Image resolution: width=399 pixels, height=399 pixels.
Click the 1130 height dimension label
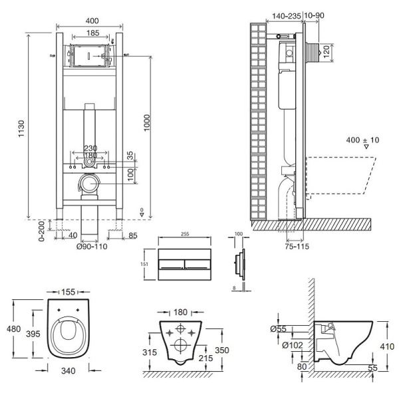21,124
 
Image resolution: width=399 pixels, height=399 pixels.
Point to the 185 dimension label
93,33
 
